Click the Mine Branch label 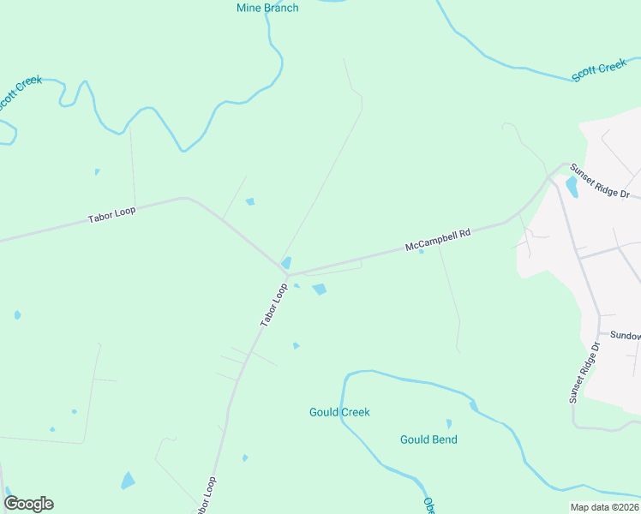(x=267, y=9)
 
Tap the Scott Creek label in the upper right (x=599, y=69)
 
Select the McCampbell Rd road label (x=438, y=239)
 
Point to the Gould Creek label (x=339, y=412)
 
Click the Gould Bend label (x=428, y=439)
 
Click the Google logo (x=28, y=504)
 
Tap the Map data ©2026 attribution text (x=604, y=507)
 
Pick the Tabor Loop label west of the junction (x=111, y=214)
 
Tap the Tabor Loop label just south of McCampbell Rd (x=273, y=305)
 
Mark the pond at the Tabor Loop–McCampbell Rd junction (x=286, y=262)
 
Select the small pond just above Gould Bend (x=448, y=423)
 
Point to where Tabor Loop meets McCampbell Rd (x=287, y=274)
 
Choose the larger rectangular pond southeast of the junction (x=320, y=290)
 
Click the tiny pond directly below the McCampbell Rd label (x=421, y=251)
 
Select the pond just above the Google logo (x=128, y=481)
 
